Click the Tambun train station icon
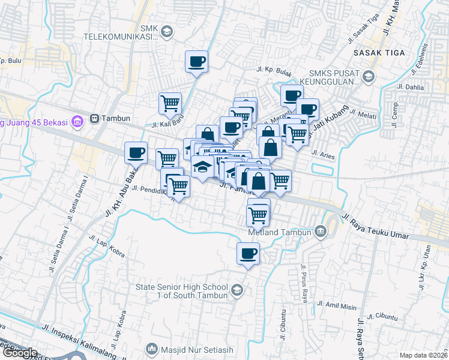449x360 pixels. pyautogui.click(x=95, y=118)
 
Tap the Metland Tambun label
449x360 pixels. pyautogui.click(x=280, y=232)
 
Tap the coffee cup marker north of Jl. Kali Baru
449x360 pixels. pyautogui.click(x=197, y=61)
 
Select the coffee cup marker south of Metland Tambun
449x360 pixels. pyautogui.click(x=248, y=253)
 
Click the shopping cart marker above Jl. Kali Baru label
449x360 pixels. pyautogui.click(x=170, y=103)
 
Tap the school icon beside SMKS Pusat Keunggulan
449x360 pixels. pyautogui.click(x=368, y=76)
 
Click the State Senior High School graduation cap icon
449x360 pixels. pyautogui.click(x=237, y=291)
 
